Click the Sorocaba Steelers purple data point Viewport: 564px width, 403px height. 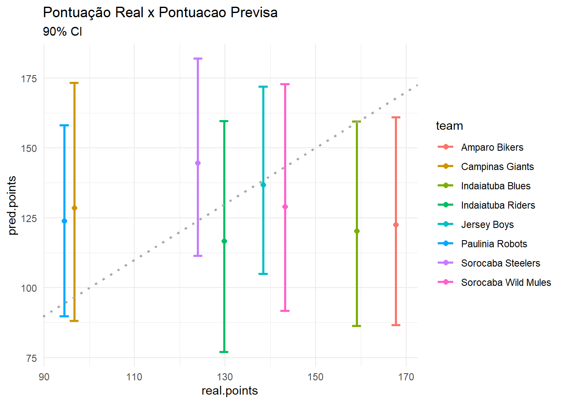(198, 163)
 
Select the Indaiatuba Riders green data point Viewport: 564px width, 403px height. (224, 241)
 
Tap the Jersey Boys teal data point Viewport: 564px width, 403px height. (263, 185)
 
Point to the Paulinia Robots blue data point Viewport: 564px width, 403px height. (64, 221)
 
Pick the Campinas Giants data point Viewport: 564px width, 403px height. (74, 208)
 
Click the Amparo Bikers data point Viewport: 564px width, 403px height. (396, 225)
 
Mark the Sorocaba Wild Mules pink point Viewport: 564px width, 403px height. (285, 207)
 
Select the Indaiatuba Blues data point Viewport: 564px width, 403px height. (357, 231)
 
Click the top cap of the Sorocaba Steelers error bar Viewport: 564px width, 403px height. (198, 59)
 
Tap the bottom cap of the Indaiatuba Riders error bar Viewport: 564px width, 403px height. (224, 352)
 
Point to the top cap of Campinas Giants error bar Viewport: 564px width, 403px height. (74, 83)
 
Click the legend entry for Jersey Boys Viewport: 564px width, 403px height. (487, 225)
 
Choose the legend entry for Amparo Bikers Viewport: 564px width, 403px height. (492, 147)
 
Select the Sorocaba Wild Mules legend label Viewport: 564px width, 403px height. (506, 283)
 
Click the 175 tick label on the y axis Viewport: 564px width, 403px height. (29, 79)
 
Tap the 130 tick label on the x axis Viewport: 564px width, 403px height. (225, 377)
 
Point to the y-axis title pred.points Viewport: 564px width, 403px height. (12, 206)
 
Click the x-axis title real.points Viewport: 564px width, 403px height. (230, 391)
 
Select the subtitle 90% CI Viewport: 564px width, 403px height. (63, 31)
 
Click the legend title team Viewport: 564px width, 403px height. (449, 126)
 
